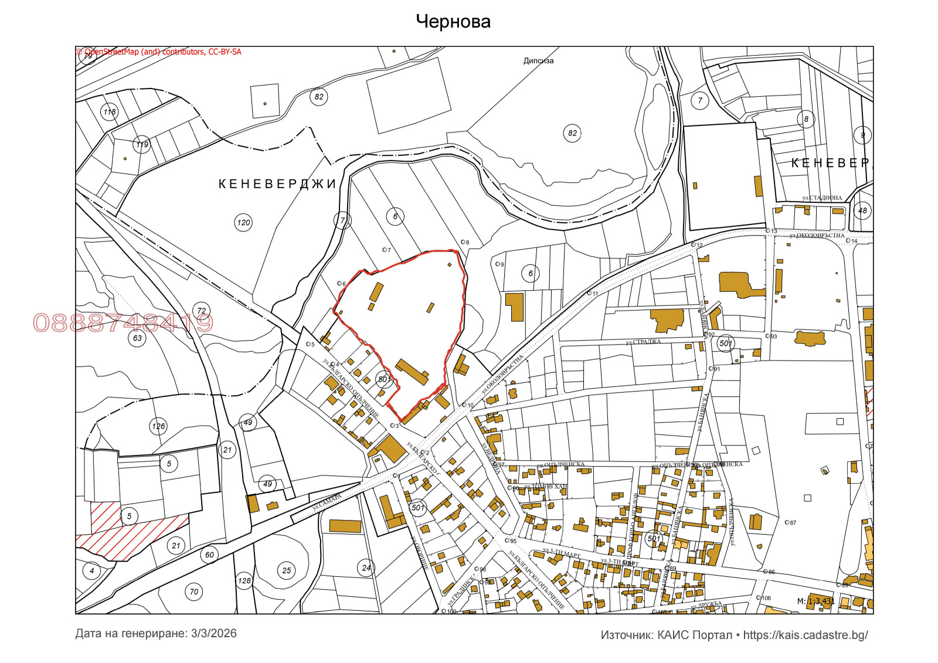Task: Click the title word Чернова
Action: (453, 22)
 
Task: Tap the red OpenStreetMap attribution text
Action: (159, 52)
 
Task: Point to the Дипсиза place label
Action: (538, 60)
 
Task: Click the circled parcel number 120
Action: (243, 223)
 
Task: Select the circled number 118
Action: (110, 111)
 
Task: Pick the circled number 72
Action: (202, 311)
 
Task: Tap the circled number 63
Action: (137, 338)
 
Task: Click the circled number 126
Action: (158, 426)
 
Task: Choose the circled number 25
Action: (286, 570)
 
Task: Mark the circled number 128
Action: (244, 581)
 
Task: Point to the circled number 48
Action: (862, 210)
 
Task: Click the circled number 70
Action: (194, 592)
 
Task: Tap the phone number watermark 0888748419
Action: (123, 323)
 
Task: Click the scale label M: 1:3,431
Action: (815, 601)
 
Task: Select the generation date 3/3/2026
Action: (213, 634)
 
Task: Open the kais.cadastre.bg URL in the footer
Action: (805, 635)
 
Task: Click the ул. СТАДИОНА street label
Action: (822, 198)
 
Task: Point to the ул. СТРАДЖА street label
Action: (643, 342)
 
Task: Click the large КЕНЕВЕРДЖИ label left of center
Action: (277, 184)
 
